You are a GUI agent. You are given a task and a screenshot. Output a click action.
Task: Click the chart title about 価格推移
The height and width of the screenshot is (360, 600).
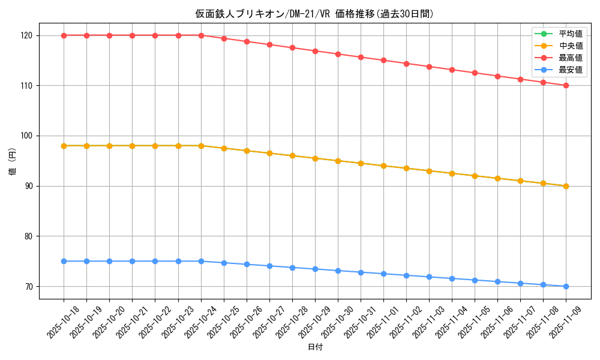[x=314, y=14]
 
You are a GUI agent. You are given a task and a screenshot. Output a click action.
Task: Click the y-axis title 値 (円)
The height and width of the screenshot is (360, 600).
[x=13, y=161]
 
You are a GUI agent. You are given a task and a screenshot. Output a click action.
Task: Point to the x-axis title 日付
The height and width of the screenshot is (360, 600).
[x=314, y=347]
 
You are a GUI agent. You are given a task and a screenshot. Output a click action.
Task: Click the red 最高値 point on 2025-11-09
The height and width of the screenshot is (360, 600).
[x=566, y=86]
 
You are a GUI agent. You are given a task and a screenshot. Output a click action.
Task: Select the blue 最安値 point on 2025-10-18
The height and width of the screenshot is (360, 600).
[x=64, y=261]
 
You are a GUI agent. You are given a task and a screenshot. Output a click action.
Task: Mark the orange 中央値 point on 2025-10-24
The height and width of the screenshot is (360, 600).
[x=201, y=146]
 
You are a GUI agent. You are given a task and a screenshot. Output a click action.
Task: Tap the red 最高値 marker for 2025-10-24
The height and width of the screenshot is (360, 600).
[x=201, y=35]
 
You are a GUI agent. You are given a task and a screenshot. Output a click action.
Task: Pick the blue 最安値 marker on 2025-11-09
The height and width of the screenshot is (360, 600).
[x=566, y=286]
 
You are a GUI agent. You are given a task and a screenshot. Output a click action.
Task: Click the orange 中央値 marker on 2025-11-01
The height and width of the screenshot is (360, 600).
[x=383, y=166]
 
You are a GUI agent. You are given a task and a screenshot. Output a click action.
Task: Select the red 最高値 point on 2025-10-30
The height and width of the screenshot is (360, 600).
[x=338, y=54]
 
